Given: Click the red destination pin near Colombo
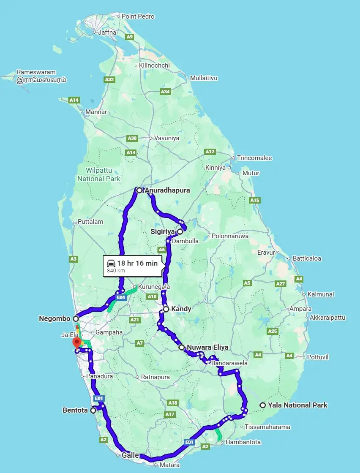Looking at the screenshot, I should click(76, 342).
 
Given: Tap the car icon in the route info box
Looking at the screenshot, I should click(111, 263).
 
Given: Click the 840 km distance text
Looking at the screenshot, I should click(116, 270).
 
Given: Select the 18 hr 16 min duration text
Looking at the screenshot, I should click(137, 263).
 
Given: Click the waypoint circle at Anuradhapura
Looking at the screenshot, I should click(139, 190).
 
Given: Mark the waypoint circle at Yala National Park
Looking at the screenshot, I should click(263, 405).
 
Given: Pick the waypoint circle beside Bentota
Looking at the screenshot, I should click(93, 410).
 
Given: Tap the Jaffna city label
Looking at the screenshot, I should click(106, 32).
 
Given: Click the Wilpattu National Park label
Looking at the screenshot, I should click(99, 174).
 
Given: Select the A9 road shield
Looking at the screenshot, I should click(130, 37).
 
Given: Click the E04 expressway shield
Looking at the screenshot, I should click(121, 297).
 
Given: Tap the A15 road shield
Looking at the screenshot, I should click(255, 200).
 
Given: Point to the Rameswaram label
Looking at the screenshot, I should click(36, 72).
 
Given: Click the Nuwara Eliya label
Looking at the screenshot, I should click(207, 348).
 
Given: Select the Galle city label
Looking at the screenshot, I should click(130, 455).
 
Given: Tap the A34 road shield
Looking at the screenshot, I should click(165, 92).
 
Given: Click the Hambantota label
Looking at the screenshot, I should click(243, 442).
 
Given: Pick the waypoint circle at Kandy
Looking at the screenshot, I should click(166, 309).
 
